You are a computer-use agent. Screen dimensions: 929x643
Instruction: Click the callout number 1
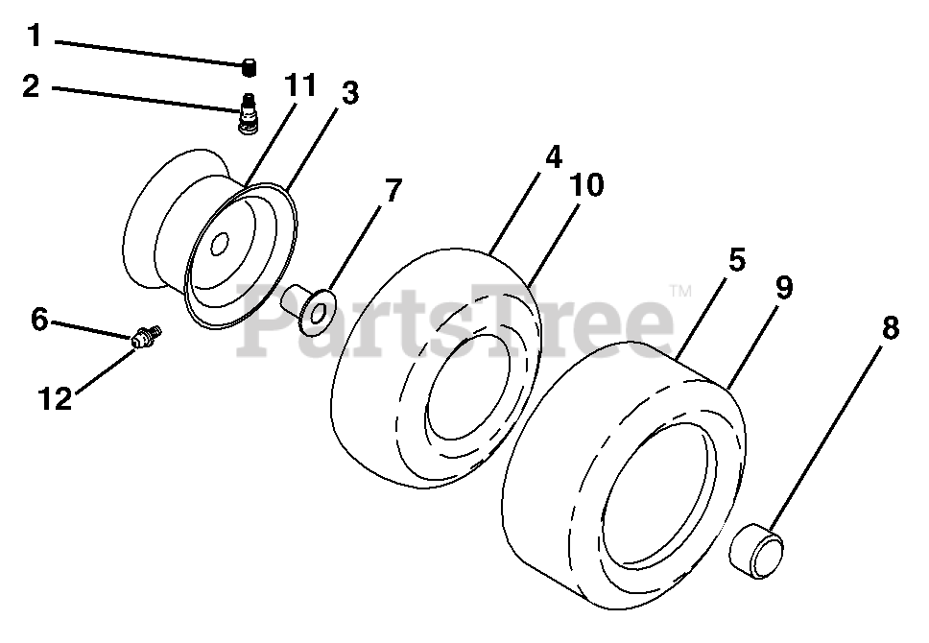point(34,37)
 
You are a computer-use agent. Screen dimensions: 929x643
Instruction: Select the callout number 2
point(32,86)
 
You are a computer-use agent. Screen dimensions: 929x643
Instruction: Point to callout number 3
point(349,93)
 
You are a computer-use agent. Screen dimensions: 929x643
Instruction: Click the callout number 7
point(392,190)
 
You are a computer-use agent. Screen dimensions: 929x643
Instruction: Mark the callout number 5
point(734,260)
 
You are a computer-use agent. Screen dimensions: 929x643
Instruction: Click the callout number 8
point(891,328)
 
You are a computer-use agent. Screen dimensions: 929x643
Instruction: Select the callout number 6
point(38,320)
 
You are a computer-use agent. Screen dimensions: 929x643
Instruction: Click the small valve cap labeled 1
point(250,66)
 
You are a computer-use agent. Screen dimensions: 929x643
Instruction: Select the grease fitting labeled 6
point(147,338)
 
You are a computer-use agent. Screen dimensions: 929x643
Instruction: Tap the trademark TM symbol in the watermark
point(679,289)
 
